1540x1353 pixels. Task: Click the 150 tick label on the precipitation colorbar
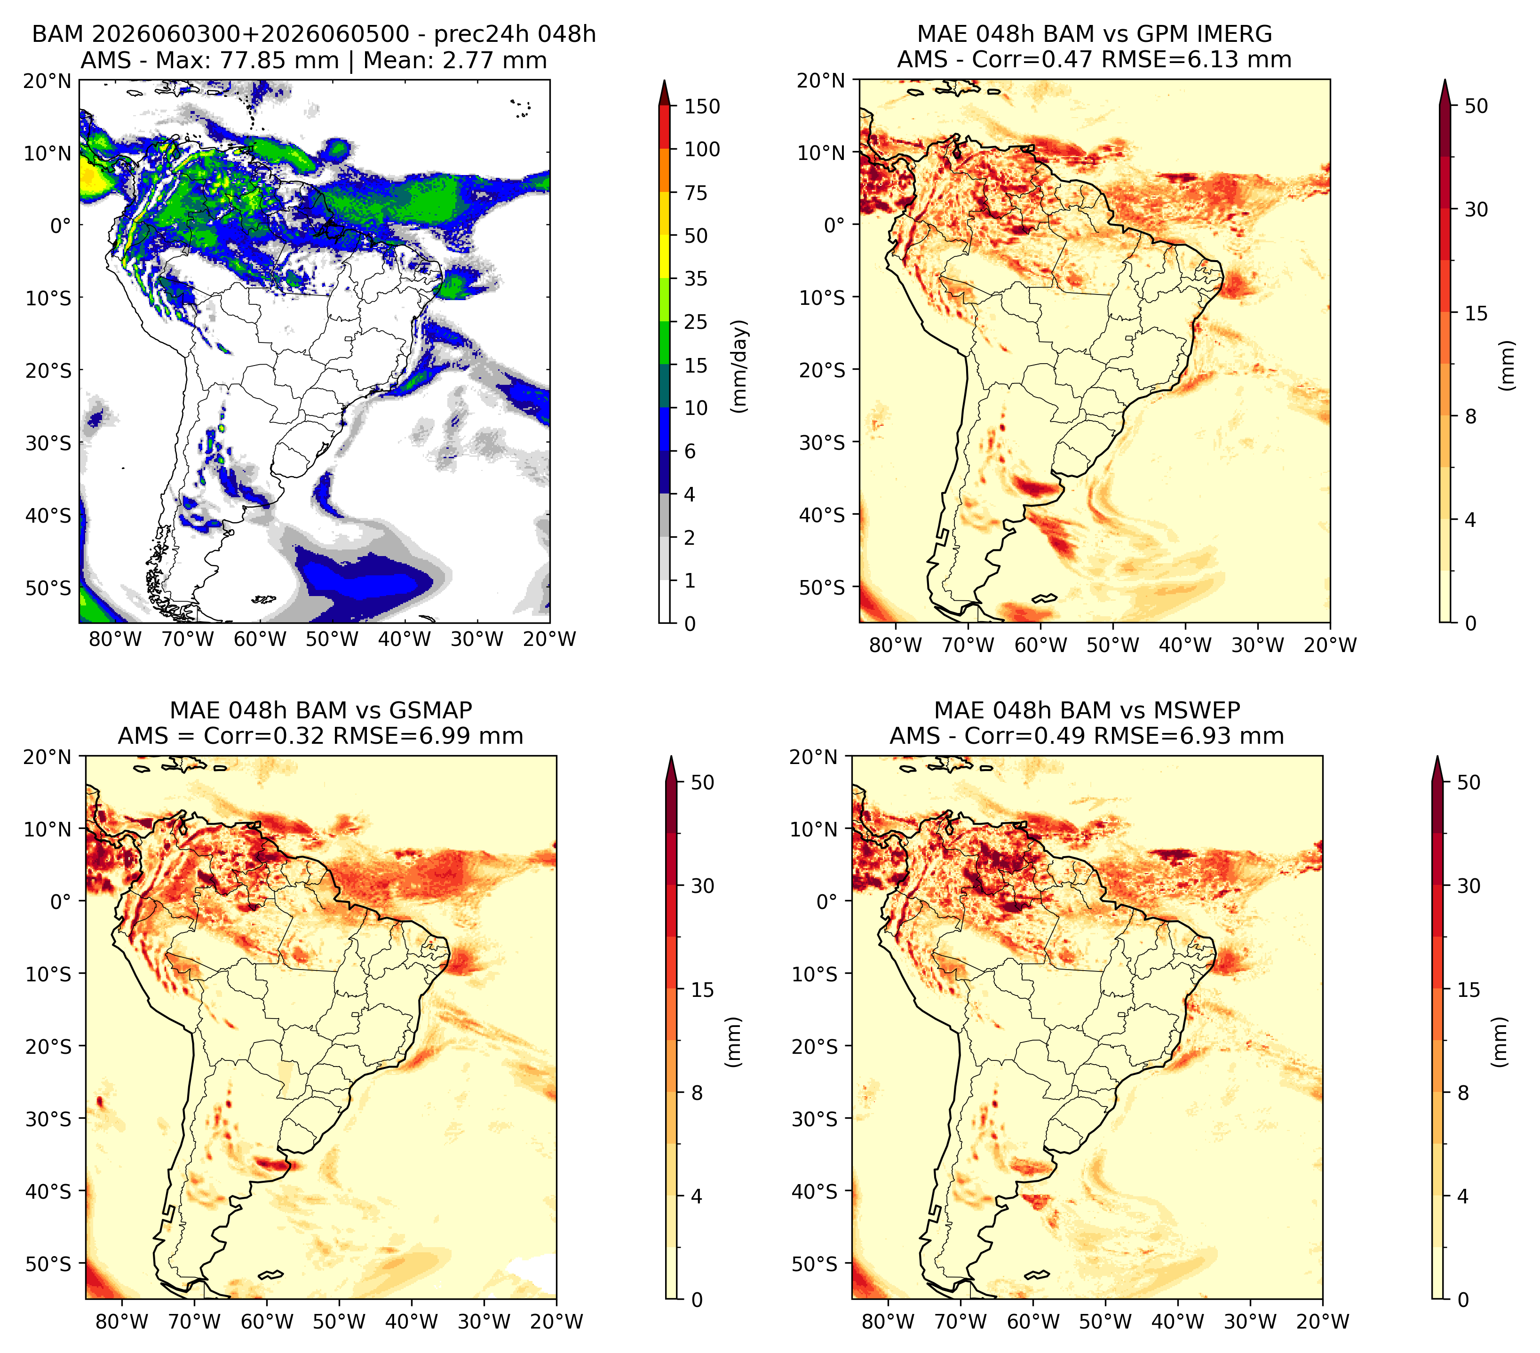[701, 106]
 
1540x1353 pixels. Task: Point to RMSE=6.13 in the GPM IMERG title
[1197, 60]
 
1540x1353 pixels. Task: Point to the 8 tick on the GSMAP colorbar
[696, 1093]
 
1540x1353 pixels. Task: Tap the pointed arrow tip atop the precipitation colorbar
[664, 80]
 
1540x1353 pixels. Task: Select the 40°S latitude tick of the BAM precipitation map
[48, 516]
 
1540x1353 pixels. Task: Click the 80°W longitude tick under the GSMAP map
[122, 1321]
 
